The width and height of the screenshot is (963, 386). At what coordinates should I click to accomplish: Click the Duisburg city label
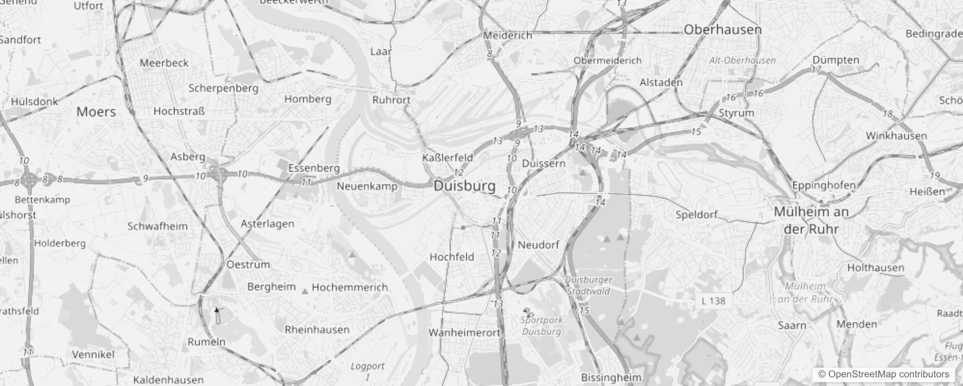point(465,186)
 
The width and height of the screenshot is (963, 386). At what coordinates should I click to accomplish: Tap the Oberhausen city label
point(722,29)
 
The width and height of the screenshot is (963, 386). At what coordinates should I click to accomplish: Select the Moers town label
point(96,112)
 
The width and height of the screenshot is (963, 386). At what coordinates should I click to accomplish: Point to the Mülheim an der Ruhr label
point(811,220)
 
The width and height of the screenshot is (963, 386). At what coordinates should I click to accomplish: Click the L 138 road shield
point(714,301)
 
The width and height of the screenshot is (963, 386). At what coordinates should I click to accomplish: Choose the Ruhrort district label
point(391,100)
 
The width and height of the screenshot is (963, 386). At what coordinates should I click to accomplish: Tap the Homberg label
point(308,99)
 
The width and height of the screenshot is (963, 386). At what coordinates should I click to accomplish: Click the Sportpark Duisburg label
point(541,326)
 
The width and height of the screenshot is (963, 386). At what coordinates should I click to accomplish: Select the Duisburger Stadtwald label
point(589,285)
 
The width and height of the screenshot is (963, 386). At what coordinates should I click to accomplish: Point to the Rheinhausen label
point(317,330)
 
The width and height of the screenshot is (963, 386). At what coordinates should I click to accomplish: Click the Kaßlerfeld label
point(447,158)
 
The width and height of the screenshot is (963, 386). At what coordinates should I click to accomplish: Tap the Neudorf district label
point(538,245)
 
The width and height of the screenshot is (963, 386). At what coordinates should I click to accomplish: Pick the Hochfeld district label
point(452,257)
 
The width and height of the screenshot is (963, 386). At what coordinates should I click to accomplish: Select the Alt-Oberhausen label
point(743,60)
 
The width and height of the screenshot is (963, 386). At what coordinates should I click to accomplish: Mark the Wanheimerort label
point(464,332)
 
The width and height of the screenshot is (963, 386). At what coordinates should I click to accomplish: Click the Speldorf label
point(697,215)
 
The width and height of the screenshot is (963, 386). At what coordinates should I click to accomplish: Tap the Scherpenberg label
point(223,88)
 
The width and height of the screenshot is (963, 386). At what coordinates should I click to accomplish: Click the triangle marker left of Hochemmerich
point(305,291)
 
